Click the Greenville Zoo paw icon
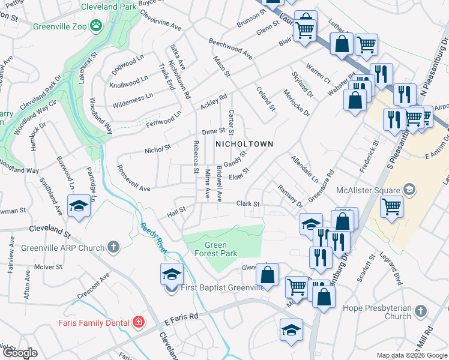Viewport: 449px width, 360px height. point(95,25)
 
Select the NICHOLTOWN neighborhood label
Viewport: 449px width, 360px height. point(244,144)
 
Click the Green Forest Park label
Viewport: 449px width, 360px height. point(216,249)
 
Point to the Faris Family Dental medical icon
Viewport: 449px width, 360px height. point(139,322)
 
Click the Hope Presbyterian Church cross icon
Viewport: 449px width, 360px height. point(421,311)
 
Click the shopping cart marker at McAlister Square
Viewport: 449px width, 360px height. point(391,207)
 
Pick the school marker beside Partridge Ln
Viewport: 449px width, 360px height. point(79,206)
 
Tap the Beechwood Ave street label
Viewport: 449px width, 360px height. point(230,48)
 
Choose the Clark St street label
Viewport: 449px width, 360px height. point(247,204)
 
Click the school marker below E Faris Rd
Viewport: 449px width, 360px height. point(292,330)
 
